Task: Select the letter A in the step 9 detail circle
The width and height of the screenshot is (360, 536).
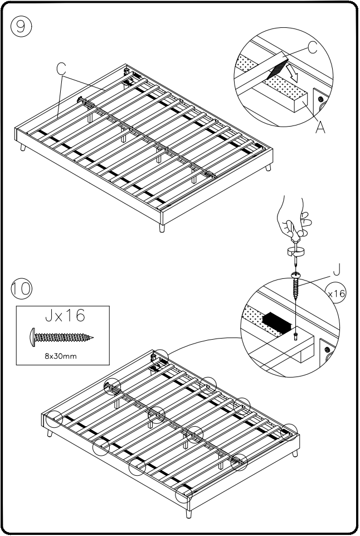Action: click(320, 128)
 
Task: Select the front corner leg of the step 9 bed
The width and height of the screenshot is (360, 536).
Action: click(162, 228)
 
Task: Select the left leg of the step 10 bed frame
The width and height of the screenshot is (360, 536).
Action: click(51, 433)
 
